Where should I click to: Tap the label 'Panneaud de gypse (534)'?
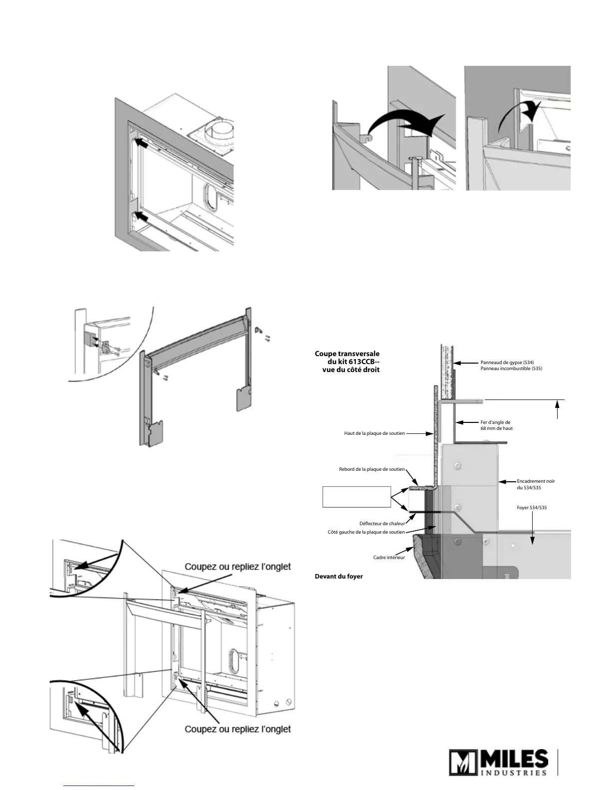pos(507,363)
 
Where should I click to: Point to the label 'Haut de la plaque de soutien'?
pos(374,433)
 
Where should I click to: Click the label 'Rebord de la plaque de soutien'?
pos(372,469)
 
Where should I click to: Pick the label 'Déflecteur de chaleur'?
pos(382,524)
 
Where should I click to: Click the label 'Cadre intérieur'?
pos(389,557)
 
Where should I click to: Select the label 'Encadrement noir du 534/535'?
pos(536,484)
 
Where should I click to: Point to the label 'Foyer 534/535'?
pos(532,508)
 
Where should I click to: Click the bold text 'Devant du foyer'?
pos(338,577)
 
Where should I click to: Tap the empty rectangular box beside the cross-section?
pos(356,497)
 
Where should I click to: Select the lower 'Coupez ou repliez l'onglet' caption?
pos(238,729)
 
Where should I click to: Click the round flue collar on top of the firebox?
pos(218,131)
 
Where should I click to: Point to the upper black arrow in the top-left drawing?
pos(142,144)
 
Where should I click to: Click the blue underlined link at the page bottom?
pos(99,786)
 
